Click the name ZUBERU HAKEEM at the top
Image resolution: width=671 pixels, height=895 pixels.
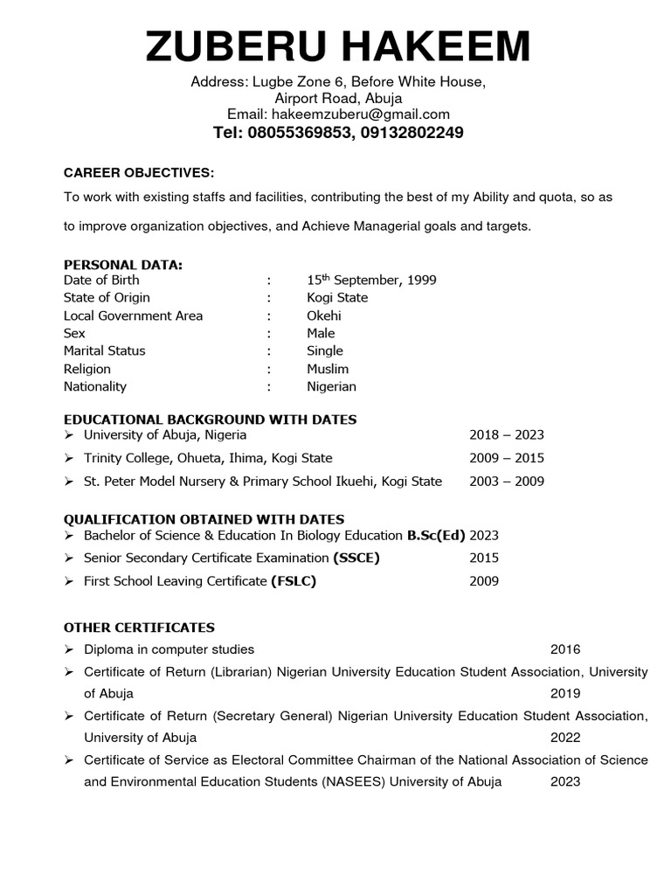(337, 45)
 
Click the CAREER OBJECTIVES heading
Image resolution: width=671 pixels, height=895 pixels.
(139, 172)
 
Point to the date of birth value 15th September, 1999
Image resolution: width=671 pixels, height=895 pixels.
(371, 280)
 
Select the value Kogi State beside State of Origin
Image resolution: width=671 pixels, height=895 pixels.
(337, 297)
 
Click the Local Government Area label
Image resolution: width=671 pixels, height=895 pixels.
(133, 316)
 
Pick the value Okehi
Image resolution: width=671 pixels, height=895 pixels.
(324, 316)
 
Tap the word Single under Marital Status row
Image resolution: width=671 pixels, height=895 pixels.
(325, 350)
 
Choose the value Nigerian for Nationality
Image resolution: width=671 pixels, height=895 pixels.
(331, 386)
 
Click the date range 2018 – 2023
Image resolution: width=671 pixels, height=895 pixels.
(507, 434)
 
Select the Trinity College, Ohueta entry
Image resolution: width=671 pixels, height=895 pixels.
(208, 458)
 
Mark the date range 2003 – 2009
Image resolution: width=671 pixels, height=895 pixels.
(507, 481)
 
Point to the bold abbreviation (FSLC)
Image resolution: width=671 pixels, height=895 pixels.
(294, 581)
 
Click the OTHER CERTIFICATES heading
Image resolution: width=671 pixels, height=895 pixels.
(139, 628)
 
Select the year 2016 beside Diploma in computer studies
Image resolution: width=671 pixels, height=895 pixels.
(565, 649)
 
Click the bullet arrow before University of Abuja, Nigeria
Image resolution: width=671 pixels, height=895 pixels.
(70, 435)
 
